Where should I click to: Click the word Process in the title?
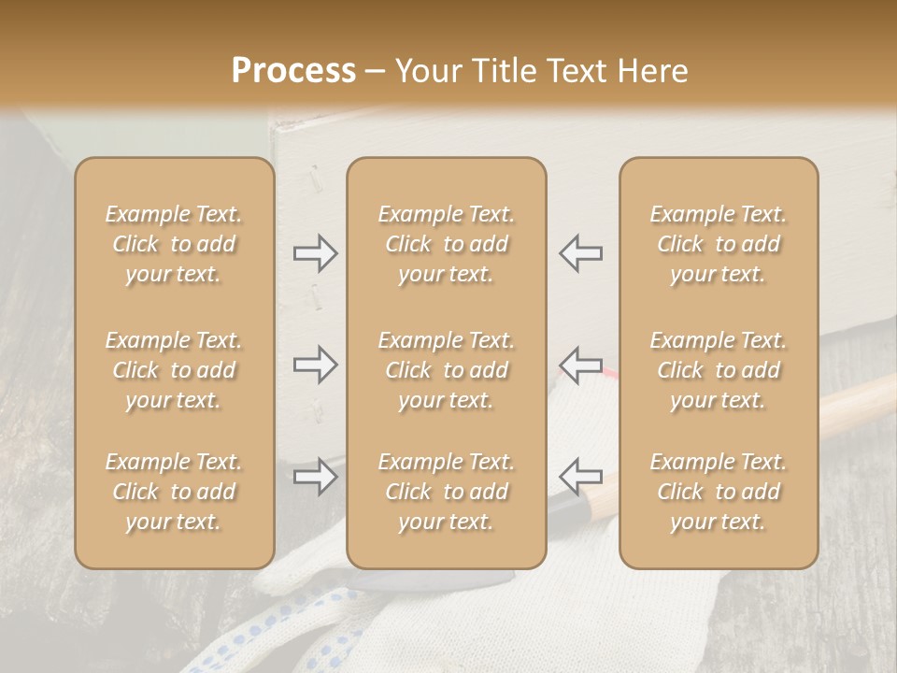(x=293, y=71)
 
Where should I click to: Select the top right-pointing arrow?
(x=316, y=252)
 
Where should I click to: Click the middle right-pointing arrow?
(x=316, y=365)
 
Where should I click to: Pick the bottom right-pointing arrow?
(x=316, y=477)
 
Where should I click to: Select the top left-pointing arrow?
(x=580, y=252)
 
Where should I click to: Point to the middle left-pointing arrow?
(x=580, y=365)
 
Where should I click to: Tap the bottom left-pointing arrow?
(x=580, y=477)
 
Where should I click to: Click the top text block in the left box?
(x=174, y=244)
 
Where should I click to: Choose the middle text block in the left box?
(x=174, y=370)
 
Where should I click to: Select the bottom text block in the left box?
(x=174, y=492)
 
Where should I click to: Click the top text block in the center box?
(x=446, y=244)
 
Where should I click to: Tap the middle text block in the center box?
(x=446, y=370)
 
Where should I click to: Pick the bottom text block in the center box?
(x=446, y=492)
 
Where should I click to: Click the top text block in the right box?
(x=718, y=244)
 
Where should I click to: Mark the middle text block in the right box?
(x=718, y=370)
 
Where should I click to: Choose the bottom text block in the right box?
(x=718, y=492)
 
